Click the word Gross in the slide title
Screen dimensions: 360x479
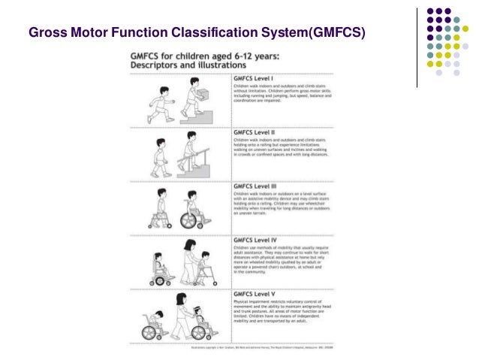(x=46, y=34)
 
